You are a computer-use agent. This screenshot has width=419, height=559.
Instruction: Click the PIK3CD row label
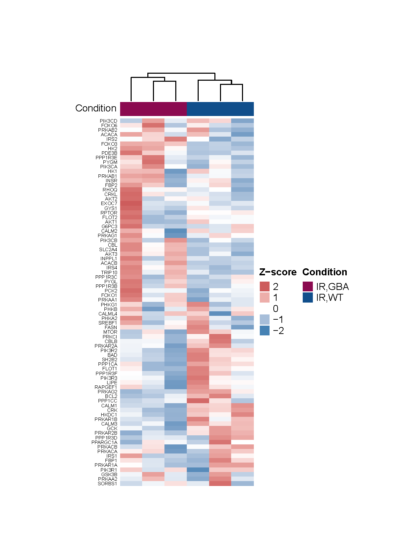109,121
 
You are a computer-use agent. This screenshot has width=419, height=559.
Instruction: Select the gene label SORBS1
108,484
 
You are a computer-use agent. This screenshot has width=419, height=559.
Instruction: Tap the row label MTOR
110,332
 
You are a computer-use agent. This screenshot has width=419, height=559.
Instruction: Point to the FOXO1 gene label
109,295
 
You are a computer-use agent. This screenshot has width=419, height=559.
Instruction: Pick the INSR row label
111,181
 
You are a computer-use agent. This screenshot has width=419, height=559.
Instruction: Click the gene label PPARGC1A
104,442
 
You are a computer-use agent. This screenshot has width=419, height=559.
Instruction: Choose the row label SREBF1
108,323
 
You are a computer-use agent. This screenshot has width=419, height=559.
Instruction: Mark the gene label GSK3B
109,474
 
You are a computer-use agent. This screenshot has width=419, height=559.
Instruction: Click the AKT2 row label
111,199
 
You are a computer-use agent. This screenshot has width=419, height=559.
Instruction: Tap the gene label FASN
111,327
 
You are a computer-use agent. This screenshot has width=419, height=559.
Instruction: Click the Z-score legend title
278,272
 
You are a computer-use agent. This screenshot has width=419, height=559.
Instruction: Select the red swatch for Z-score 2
265,286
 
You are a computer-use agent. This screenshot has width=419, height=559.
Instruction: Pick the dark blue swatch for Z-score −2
265,331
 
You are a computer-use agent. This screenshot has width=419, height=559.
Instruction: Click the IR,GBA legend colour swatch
308,286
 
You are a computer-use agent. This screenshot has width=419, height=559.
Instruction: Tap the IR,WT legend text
330,298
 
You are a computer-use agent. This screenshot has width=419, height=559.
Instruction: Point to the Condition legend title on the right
325,272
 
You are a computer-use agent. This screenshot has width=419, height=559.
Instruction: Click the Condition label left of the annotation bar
96,108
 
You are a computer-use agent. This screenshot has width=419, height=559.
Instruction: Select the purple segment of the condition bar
153,109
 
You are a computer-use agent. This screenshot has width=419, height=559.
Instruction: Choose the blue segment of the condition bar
220,109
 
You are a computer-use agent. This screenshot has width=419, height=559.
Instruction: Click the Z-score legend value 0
275,308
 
